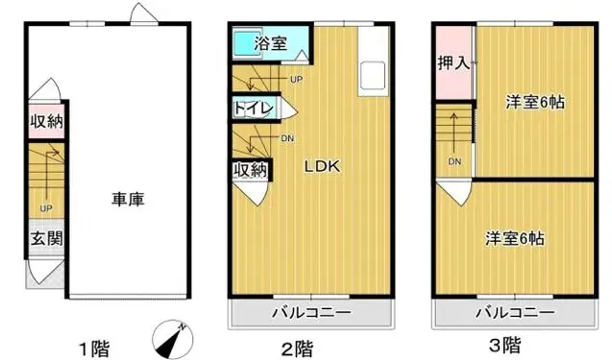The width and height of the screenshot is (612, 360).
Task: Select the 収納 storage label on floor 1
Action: pos(44,122)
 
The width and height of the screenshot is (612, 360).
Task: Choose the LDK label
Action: pos(322,165)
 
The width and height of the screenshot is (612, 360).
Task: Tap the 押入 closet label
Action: pos(453,64)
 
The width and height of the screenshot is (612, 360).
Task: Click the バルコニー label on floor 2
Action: pos(310,314)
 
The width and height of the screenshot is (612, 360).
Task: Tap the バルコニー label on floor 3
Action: pos(518,314)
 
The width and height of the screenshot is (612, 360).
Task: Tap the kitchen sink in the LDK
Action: pos(372,73)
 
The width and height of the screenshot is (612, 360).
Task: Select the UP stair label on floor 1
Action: pos(45,207)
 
